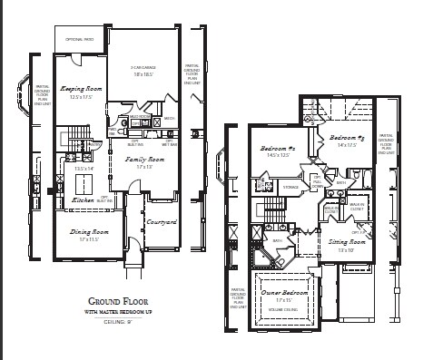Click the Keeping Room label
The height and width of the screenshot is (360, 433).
click(x=80, y=89)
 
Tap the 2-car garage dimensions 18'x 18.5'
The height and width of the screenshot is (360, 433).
click(x=143, y=74)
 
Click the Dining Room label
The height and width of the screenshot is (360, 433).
click(x=86, y=232)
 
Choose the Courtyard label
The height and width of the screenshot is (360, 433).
click(x=161, y=221)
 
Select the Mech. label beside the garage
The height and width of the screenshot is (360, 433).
click(x=170, y=119)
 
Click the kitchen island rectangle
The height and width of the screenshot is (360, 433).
click(x=84, y=181)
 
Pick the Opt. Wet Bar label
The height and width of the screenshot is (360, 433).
click(x=169, y=143)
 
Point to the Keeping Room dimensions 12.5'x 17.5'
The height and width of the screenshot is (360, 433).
click(x=80, y=98)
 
